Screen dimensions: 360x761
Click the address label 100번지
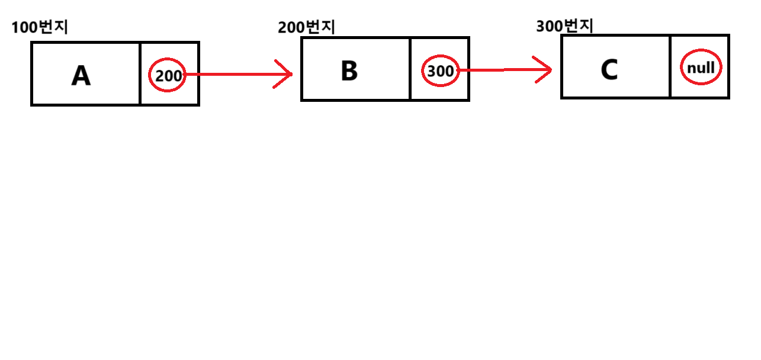click(x=40, y=27)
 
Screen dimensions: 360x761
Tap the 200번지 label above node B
click(x=306, y=27)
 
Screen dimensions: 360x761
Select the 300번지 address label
click(x=564, y=26)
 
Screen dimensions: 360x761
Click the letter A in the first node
click(x=81, y=76)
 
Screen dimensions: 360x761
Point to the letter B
click(x=349, y=71)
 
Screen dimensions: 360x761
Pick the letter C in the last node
click(x=609, y=70)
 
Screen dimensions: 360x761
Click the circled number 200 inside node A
click(x=168, y=76)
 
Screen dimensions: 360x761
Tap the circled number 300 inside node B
click(x=440, y=72)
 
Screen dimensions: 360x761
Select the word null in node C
click(x=701, y=68)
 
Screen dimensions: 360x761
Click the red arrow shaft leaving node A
click(x=237, y=75)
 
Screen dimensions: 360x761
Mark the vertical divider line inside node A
click(x=140, y=74)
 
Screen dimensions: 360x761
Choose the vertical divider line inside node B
click(x=410, y=69)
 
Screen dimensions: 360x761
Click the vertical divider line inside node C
click(x=670, y=66)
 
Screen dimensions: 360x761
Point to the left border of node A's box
click(x=32, y=74)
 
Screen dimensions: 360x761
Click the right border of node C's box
click(x=728, y=66)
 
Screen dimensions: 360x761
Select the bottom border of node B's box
click(x=385, y=100)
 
